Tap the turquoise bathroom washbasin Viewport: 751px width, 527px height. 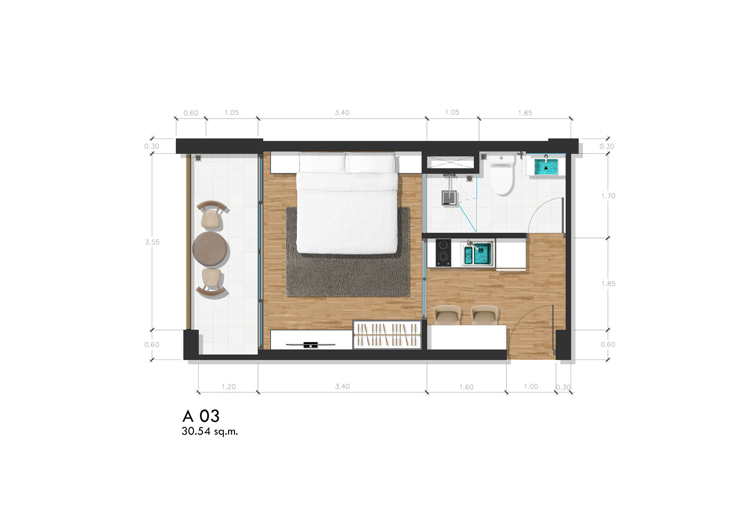tap(546, 167)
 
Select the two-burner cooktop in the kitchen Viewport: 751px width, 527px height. tap(443, 252)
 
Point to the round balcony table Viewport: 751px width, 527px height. tap(210, 248)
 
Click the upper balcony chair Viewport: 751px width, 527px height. tap(211, 215)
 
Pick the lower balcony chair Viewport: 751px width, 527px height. tap(211, 282)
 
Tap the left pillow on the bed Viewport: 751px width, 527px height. tap(322, 163)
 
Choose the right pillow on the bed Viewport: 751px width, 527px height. tap(371, 163)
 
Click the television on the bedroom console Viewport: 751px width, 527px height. tap(311, 345)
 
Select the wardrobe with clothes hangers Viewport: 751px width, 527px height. tap(387, 335)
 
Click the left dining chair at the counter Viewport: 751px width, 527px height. tap(447, 315)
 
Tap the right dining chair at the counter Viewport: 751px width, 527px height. tap(485, 315)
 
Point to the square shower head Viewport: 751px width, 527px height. tap(449, 198)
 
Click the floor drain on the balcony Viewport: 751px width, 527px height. tap(198, 158)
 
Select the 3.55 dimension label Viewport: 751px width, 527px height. tap(152, 242)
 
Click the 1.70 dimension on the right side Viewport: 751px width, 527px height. tap(608, 196)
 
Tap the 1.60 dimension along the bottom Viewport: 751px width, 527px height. tap(466, 387)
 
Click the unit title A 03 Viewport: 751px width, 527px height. tap(201, 416)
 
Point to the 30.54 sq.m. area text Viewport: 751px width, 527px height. tap(210, 432)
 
